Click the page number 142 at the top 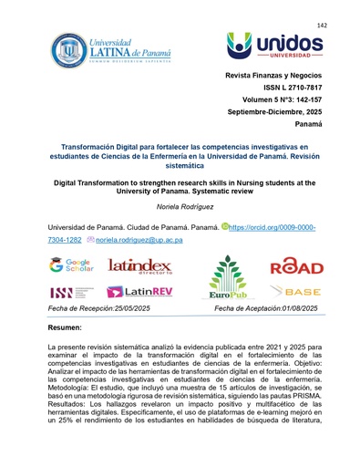tap(321, 26)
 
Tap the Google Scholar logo tap(72, 265)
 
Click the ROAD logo tap(296, 266)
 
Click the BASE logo tap(296, 292)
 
